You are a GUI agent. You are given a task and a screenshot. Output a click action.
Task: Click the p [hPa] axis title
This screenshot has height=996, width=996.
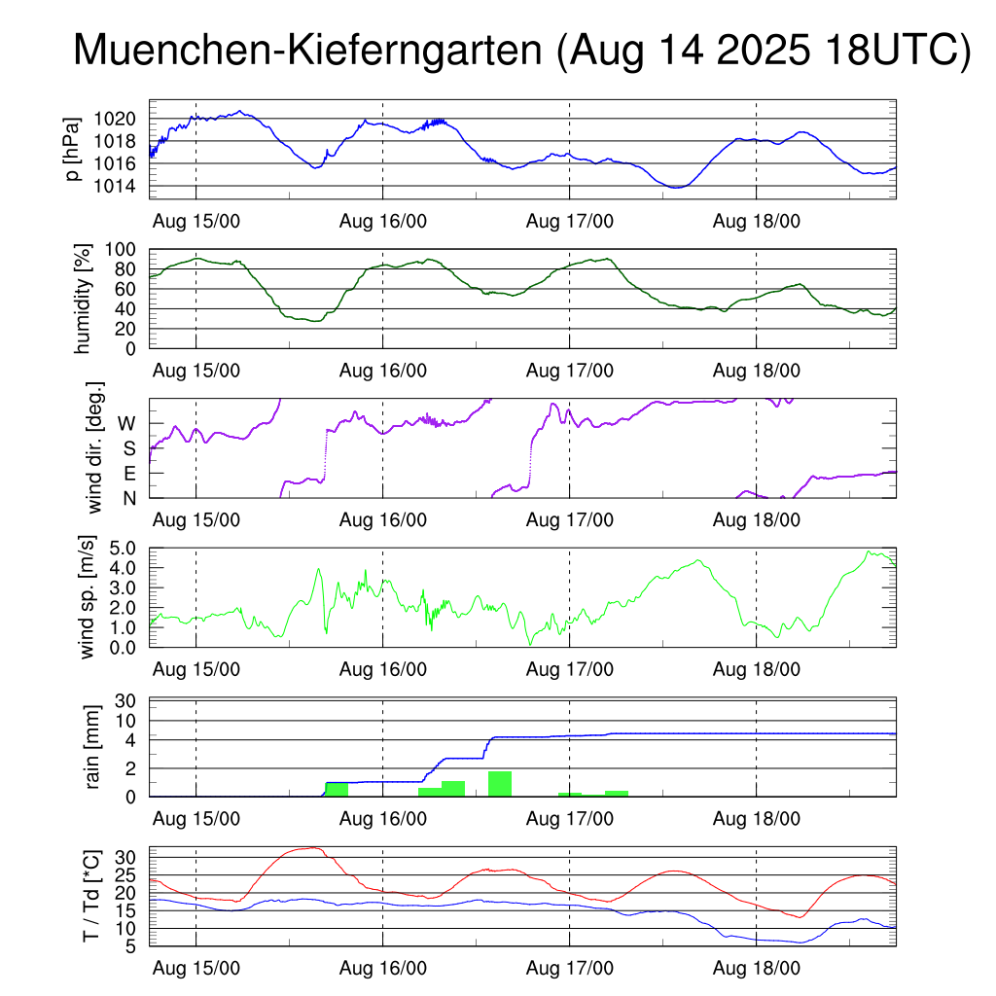[x=72, y=149]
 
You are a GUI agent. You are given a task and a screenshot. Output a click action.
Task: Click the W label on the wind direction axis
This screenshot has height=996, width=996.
[x=126, y=424]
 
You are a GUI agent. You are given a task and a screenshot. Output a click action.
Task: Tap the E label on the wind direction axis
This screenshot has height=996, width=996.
[x=128, y=474]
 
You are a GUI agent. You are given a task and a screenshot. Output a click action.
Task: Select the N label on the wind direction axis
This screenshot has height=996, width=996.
[x=128, y=498]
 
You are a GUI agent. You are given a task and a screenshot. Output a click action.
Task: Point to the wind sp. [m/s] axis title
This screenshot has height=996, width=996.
[x=89, y=596]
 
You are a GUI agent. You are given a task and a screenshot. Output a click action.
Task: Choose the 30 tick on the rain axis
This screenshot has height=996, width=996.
[x=126, y=700]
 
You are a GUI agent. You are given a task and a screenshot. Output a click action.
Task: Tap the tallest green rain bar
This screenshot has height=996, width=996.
[x=500, y=784]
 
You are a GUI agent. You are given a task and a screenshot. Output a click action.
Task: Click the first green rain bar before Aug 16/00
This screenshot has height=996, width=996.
[x=337, y=790]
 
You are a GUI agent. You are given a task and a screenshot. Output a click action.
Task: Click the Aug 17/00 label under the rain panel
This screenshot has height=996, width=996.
[x=570, y=819]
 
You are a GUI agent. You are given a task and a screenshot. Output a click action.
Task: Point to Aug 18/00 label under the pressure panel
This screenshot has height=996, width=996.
[x=757, y=221]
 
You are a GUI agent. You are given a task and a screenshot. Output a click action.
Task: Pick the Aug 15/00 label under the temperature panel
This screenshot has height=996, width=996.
[x=196, y=969]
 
